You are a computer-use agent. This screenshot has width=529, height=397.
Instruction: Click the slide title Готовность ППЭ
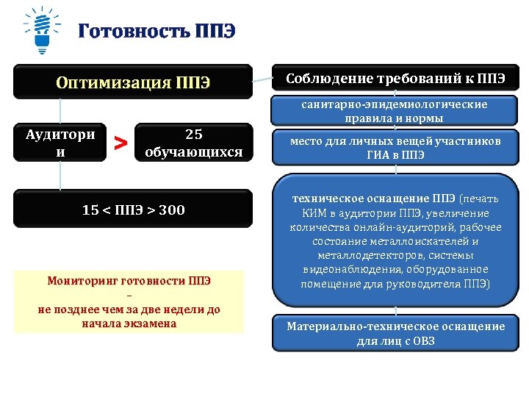click(x=156, y=33)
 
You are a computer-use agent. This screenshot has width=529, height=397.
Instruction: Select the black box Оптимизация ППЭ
click(x=133, y=82)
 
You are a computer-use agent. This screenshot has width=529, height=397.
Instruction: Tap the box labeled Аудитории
click(x=60, y=143)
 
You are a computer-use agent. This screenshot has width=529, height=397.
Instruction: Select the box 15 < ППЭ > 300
click(x=133, y=210)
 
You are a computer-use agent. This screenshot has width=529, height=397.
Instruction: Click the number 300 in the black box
click(x=172, y=210)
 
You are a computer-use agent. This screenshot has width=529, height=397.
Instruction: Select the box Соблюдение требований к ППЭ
click(x=395, y=79)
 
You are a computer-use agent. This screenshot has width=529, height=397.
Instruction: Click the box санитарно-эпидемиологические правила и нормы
click(x=395, y=111)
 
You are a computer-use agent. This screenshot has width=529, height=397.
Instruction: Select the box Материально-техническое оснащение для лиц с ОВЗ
click(x=395, y=333)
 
